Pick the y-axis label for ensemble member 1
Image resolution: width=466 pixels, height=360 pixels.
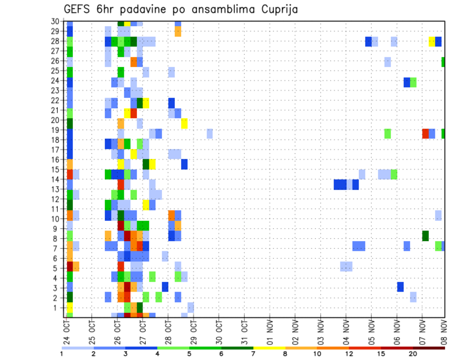pos(56,308)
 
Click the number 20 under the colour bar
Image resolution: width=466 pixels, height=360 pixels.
pos(413,354)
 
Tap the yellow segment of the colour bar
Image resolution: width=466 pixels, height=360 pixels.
pos(269,347)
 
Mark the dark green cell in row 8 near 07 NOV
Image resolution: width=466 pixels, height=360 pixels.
pos(426,236)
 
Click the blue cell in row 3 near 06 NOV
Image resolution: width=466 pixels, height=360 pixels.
pos(400,287)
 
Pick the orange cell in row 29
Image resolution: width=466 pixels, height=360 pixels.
pos(178,31)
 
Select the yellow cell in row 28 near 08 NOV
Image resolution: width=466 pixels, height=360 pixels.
pos(432,41)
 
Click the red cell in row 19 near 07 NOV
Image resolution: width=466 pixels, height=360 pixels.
pos(426,133)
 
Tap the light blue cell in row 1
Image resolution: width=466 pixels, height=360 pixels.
pos(191,307)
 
